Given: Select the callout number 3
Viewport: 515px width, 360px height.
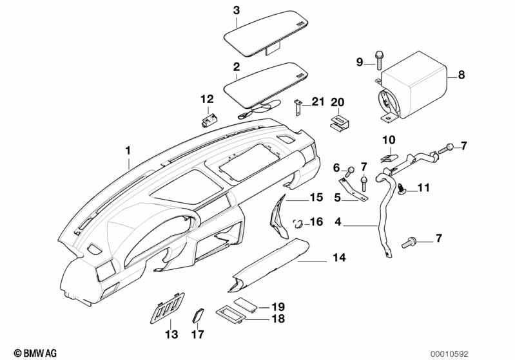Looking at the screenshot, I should [237, 10].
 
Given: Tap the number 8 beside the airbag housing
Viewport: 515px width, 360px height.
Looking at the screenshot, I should [461, 75].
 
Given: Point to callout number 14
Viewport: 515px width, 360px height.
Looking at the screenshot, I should [339, 258].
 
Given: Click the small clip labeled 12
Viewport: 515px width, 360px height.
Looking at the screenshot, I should [208, 120].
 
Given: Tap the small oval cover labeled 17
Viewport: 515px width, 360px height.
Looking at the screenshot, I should [198, 314].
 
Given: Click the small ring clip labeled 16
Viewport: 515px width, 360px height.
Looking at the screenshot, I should [298, 223].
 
